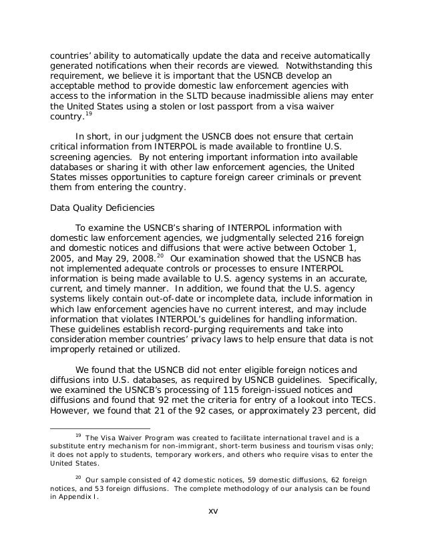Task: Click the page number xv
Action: click(x=214, y=511)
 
